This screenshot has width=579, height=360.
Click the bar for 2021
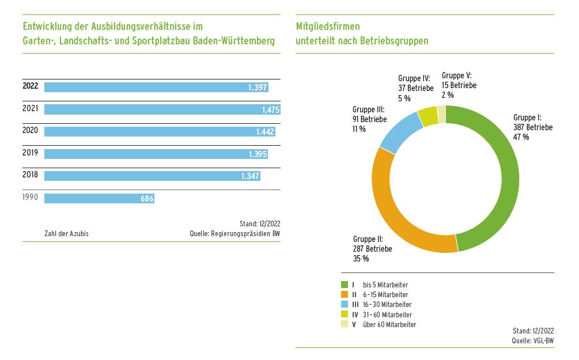[161, 109]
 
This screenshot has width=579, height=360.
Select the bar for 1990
[99, 199]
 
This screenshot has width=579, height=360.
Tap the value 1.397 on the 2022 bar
[258, 88]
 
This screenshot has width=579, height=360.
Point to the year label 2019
[30, 153]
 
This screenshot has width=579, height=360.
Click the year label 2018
[30, 175]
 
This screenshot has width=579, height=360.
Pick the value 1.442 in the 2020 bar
[265, 132]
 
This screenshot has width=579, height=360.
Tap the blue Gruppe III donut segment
[398, 131]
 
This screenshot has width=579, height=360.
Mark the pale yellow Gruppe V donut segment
[441, 113]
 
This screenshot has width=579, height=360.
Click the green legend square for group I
[345, 285]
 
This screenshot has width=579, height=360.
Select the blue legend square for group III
[345, 304]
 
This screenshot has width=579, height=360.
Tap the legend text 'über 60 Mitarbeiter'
[389, 325]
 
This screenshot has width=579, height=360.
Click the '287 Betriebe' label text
[372, 249]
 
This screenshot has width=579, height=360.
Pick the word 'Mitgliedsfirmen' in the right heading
[328, 26]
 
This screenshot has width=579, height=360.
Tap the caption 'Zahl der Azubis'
[66, 234]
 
